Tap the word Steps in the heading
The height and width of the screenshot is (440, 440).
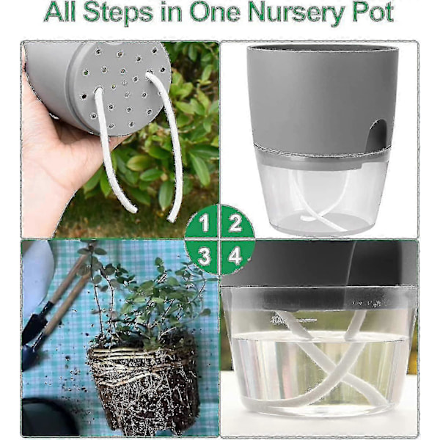[x=118, y=13]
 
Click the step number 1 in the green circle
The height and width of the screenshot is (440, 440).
[x=204, y=223]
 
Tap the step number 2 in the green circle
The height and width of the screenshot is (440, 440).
[x=235, y=223]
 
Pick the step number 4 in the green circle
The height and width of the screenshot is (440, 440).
[x=235, y=256]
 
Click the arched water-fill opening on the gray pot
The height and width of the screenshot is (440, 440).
[x=377, y=133]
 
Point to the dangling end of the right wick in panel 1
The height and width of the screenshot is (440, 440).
[x=171, y=219]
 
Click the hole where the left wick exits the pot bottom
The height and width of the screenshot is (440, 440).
[x=99, y=91]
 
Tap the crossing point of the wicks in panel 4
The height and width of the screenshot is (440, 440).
[x=334, y=373]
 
